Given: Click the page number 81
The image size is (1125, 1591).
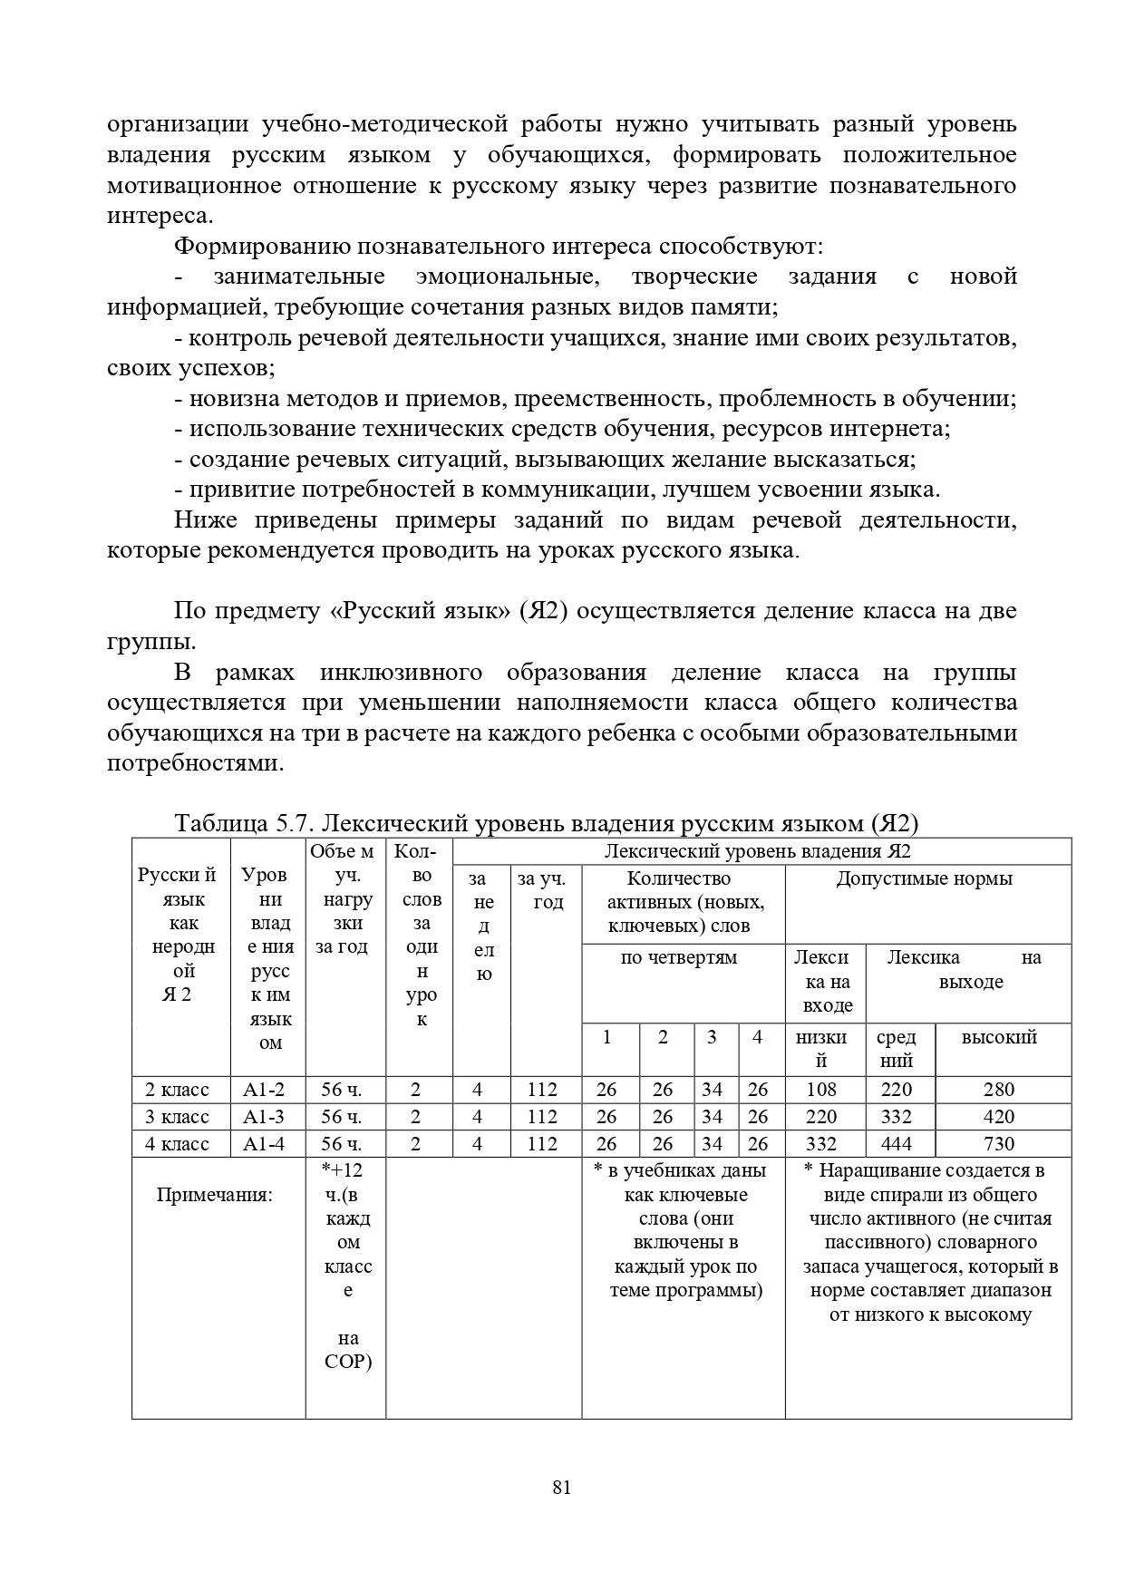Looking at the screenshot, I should point(561,1487).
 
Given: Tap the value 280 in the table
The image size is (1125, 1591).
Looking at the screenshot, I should point(998,1089).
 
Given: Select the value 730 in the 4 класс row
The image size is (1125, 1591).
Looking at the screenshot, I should point(998,1143).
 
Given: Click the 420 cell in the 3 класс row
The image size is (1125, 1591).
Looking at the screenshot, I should point(998,1116).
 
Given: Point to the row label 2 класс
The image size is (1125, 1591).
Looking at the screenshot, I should point(177,1089).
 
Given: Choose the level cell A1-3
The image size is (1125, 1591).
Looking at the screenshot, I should point(264,1116).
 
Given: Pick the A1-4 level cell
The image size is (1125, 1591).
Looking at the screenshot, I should point(264,1143).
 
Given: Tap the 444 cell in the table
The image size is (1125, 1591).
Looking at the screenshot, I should point(896,1143).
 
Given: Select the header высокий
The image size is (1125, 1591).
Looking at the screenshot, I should point(999,1037).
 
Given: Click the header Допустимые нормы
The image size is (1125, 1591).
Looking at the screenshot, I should point(925,878).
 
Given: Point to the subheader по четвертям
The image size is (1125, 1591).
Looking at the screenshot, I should point(678,957).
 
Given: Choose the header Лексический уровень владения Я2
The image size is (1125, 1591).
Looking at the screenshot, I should point(757,850).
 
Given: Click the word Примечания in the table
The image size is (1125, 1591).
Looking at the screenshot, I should point(214,1194).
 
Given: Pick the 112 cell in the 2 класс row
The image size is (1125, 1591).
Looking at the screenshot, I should point(542,1089).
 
